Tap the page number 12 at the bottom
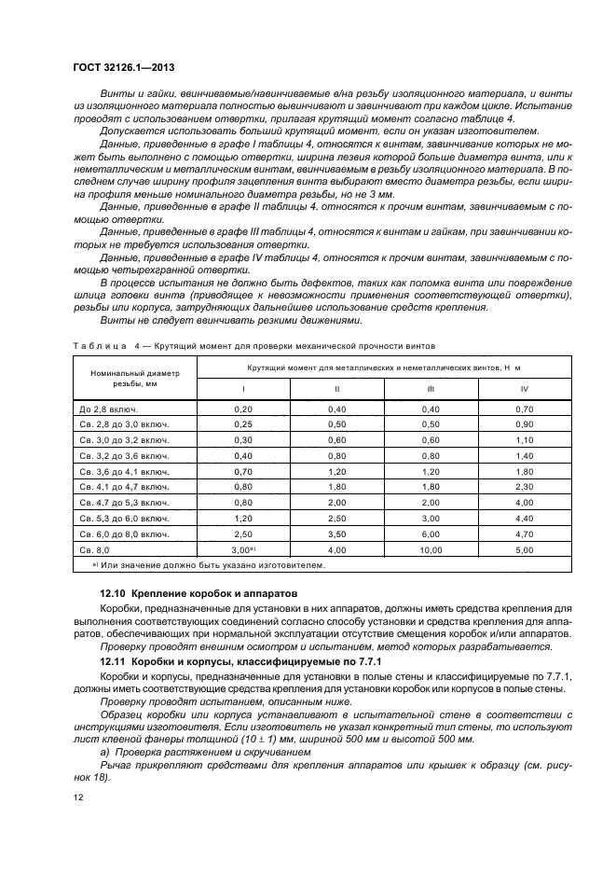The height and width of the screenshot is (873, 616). (80, 797)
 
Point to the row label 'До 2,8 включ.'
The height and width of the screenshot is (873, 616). (108, 409)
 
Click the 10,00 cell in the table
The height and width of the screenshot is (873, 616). (431, 550)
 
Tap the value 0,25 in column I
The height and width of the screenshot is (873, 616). (243, 424)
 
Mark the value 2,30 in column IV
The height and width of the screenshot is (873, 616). (525, 487)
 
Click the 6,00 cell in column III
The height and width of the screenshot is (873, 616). (431, 534)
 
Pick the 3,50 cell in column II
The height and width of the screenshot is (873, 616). (336, 534)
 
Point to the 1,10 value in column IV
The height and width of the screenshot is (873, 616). (525, 439)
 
